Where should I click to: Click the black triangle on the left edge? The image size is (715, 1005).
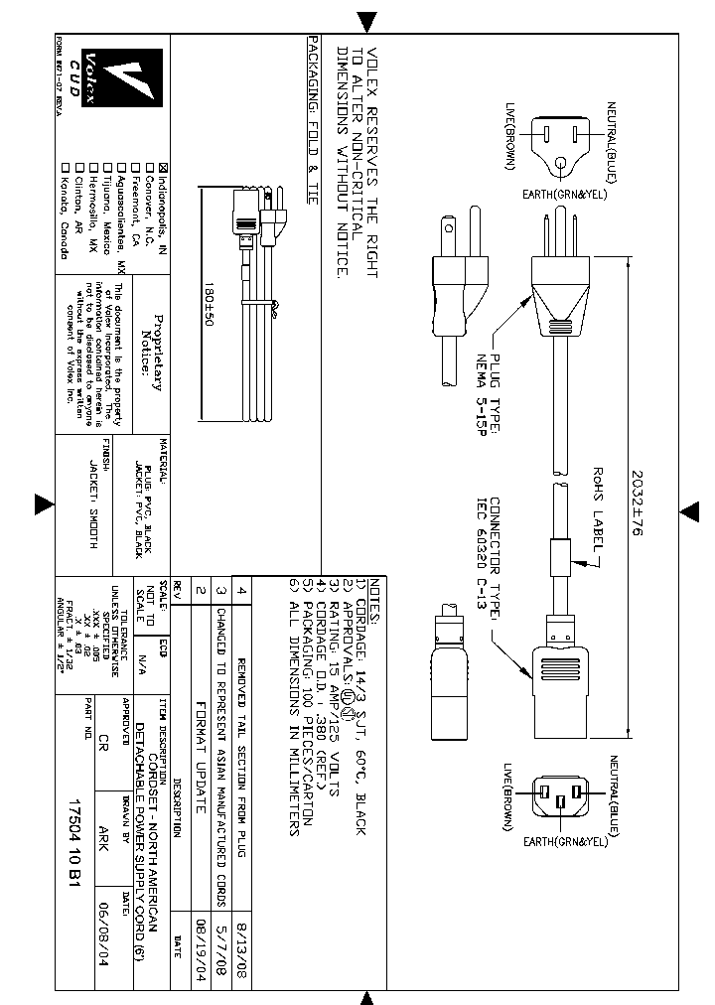point(44,504)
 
